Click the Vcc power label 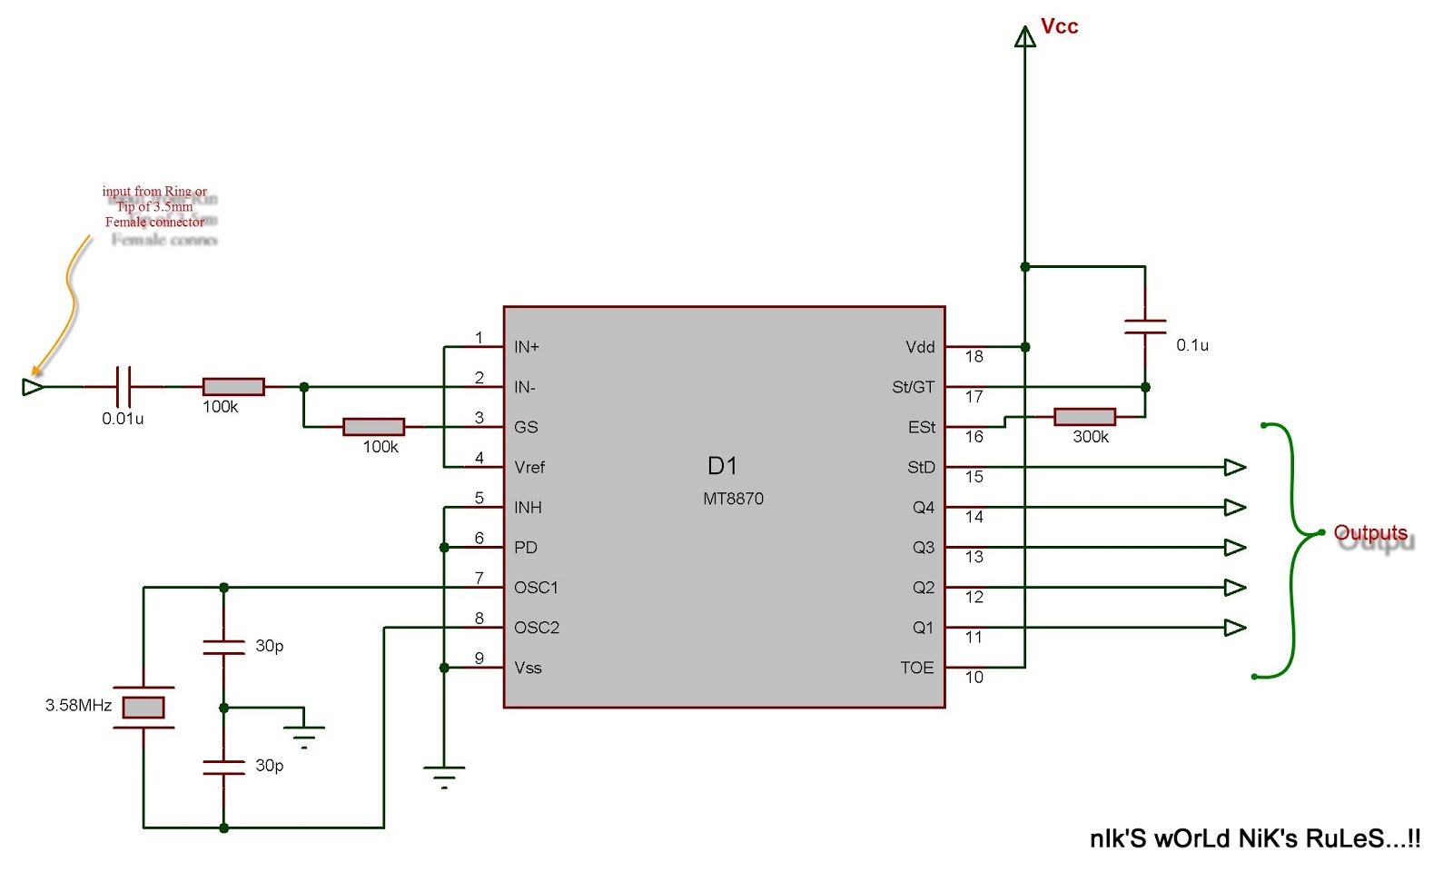pos(1059,26)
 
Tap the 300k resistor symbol pos(1084,417)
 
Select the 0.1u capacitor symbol pos(1145,327)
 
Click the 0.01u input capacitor pos(124,386)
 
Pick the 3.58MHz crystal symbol pos(143,707)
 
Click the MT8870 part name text pos(733,499)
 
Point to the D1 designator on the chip pos(722,466)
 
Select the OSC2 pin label pos(536,628)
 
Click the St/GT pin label pos(913,387)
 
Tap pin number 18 pos(974,357)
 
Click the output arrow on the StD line pos(1234,467)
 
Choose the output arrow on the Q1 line pos(1234,628)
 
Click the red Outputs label pos(1369,532)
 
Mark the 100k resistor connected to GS pos(373,427)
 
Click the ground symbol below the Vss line pos(444,775)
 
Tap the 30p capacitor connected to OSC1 pos(223,647)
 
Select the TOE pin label pos(916,668)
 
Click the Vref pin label pos(529,468)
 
